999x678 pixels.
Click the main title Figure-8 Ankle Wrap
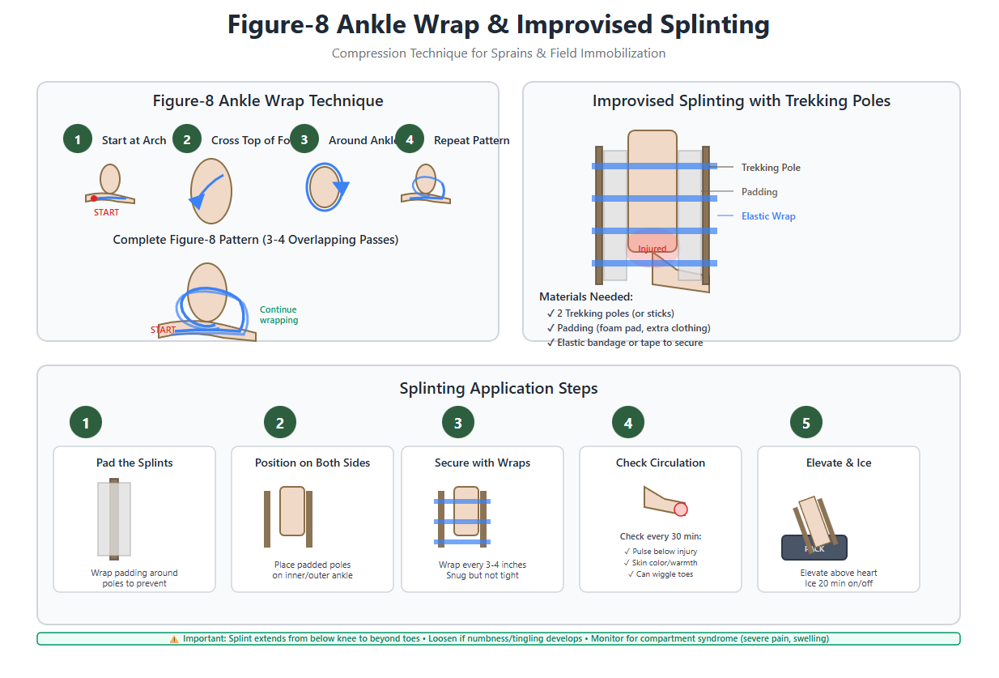coord(498,24)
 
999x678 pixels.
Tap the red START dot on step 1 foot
coord(94,198)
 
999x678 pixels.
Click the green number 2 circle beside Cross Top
coord(187,139)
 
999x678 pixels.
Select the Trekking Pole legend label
coord(771,168)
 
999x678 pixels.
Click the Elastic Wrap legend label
coord(768,216)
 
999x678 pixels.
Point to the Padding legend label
coord(759,192)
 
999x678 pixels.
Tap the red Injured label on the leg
coord(652,249)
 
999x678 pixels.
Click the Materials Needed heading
coord(586,296)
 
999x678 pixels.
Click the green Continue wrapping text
coord(278,315)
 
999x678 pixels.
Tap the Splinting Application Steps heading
coord(499,388)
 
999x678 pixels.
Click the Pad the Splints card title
coord(134,463)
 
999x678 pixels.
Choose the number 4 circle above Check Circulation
coord(628,422)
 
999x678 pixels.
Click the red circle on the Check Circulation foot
coord(681,510)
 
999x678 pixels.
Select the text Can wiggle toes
coord(660,574)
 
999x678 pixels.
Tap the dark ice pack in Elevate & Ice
coord(814,548)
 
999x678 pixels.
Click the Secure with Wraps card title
coord(482,463)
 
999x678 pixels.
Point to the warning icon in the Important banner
coord(174,639)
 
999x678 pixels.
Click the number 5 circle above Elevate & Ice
coord(806,422)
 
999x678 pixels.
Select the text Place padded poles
coord(312,565)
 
